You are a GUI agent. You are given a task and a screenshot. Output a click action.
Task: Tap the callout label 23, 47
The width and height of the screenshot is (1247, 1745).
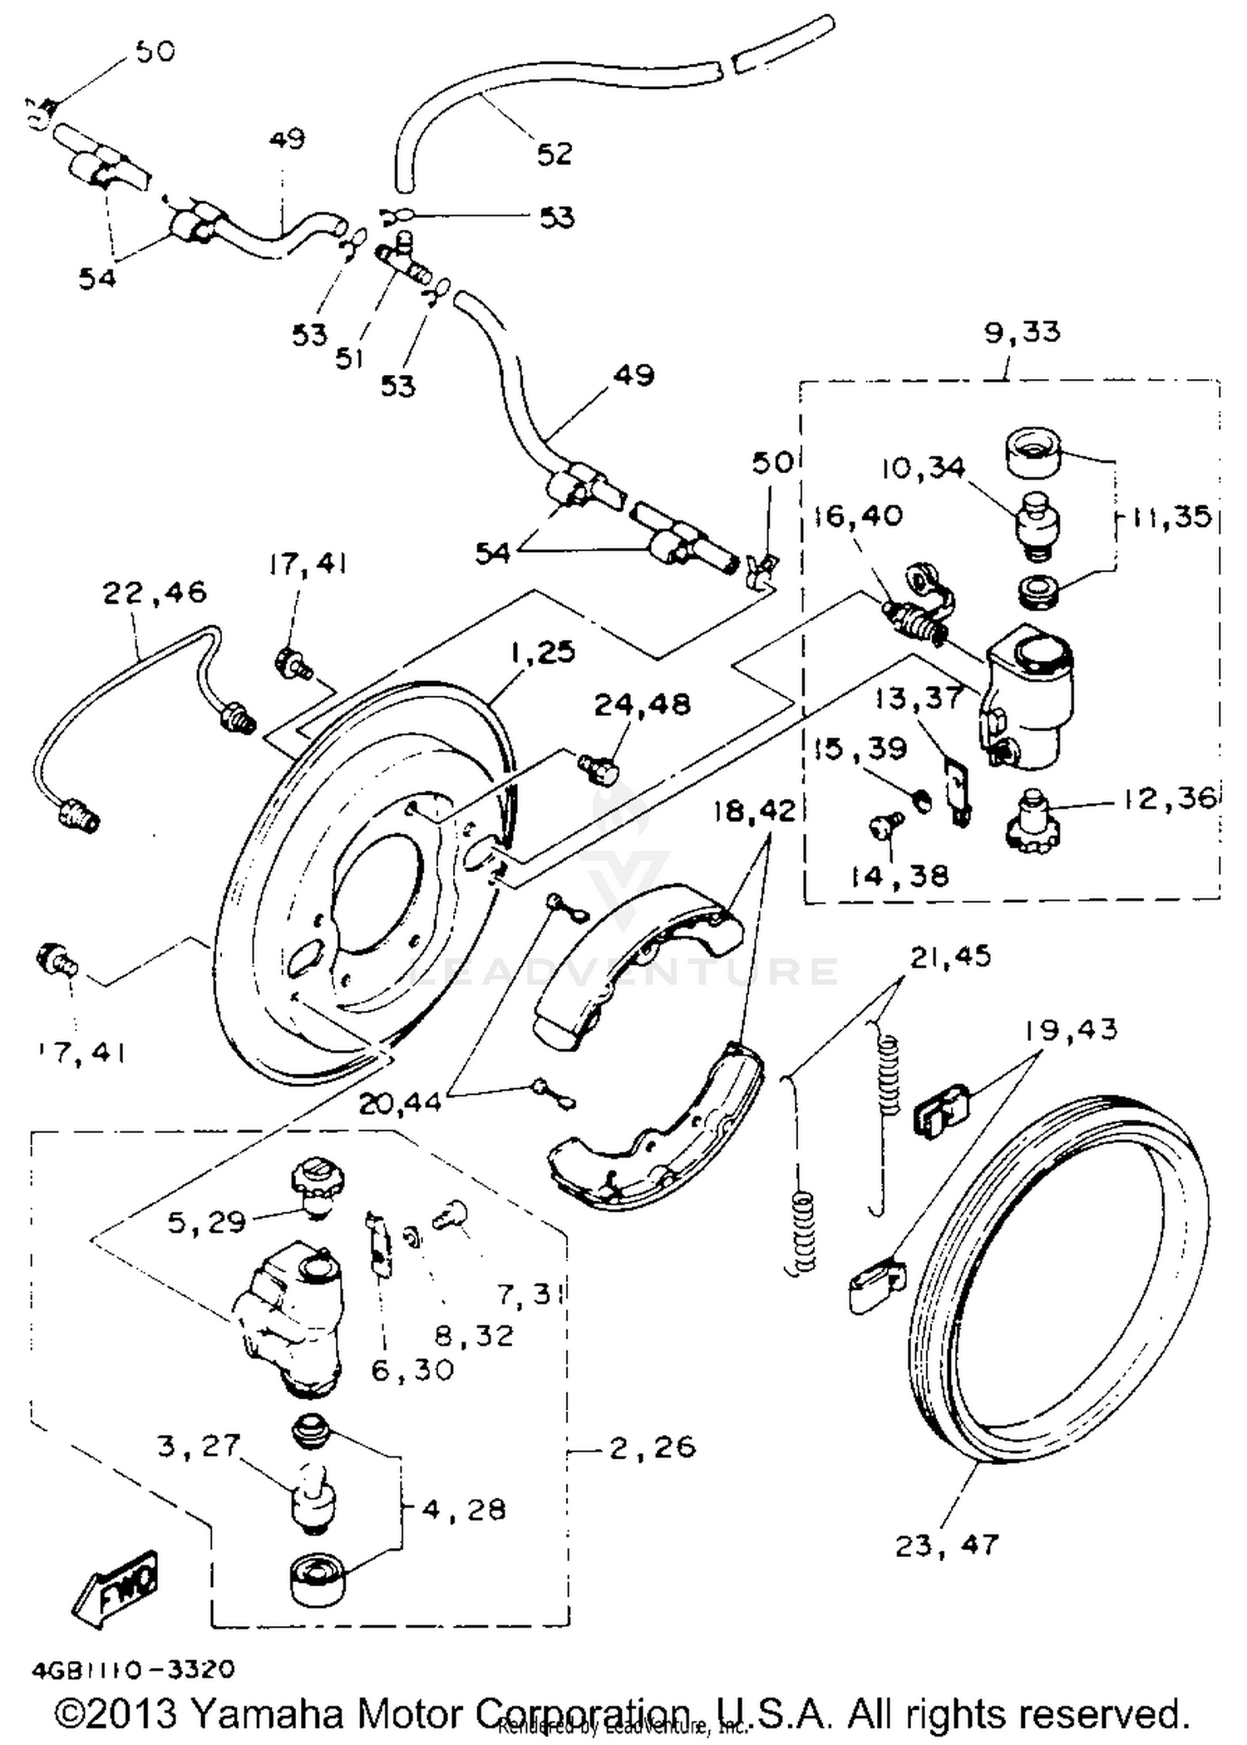click(x=945, y=1545)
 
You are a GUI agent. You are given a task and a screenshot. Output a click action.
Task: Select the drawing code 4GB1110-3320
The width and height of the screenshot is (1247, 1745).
click(x=133, y=1669)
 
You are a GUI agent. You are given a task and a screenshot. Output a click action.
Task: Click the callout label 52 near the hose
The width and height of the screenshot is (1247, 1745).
click(x=554, y=153)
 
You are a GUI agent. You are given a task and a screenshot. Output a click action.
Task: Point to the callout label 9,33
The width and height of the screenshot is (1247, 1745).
click(x=1022, y=332)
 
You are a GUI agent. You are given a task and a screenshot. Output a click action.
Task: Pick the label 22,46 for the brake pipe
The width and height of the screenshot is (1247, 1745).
click(x=155, y=593)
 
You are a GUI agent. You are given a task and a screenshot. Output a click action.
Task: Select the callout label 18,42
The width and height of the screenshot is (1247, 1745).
click(x=753, y=811)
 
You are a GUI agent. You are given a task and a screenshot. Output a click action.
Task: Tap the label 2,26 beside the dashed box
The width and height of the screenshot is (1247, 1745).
click(x=652, y=1447)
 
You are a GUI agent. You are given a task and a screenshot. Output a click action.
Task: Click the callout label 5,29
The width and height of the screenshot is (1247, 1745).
click(x=206, y=1222)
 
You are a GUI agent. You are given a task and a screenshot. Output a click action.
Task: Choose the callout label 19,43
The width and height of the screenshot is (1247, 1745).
click(x=1070, y=1029)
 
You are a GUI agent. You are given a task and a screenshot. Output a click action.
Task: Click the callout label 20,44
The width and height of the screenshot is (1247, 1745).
click(x=400, y=1103)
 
